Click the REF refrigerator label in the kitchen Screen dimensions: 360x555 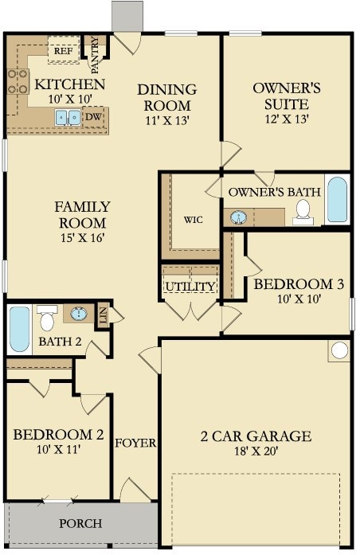tap(64, 51)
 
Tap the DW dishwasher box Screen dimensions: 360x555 tap(94, 117)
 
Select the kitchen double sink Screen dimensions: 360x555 tap(68, 117)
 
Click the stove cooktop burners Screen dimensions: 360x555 tap(18, 81)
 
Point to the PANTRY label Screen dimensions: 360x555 tap(95, 55)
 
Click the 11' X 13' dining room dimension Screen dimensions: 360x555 tap(167, 121)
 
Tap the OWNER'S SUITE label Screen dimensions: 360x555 tap(287, 96)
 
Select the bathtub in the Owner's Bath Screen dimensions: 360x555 tap(337, 200)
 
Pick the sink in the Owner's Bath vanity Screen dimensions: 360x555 tap(239, 217)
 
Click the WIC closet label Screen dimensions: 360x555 tap(194, 220)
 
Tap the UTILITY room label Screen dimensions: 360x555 tap(190, 287)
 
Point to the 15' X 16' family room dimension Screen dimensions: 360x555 tap(83, 238)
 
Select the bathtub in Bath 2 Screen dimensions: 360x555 tap(19, 329)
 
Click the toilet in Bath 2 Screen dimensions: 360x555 tap(47, 318)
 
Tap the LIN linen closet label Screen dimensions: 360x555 tap(103, 315)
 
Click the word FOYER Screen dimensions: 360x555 tap(135, 443)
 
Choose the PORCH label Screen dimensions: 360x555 tap(80, 523)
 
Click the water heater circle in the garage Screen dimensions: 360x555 tap(339, 350)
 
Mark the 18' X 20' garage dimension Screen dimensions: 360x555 tap(256, 451)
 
